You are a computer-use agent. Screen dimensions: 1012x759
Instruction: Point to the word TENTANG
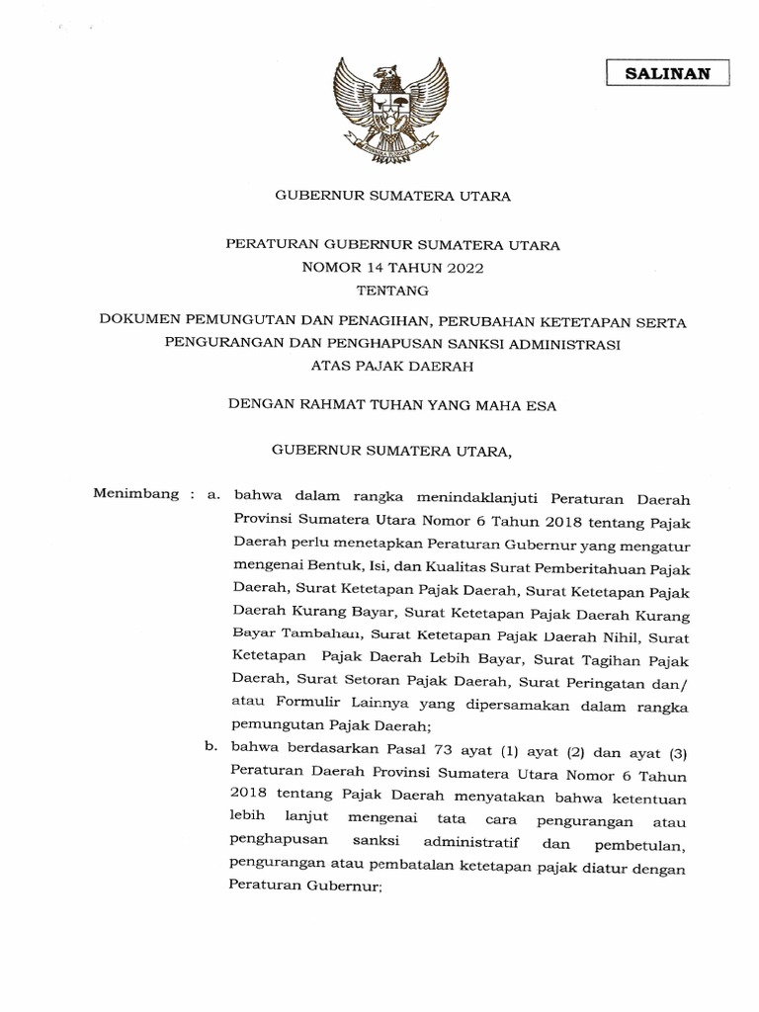tap(392, 291)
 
